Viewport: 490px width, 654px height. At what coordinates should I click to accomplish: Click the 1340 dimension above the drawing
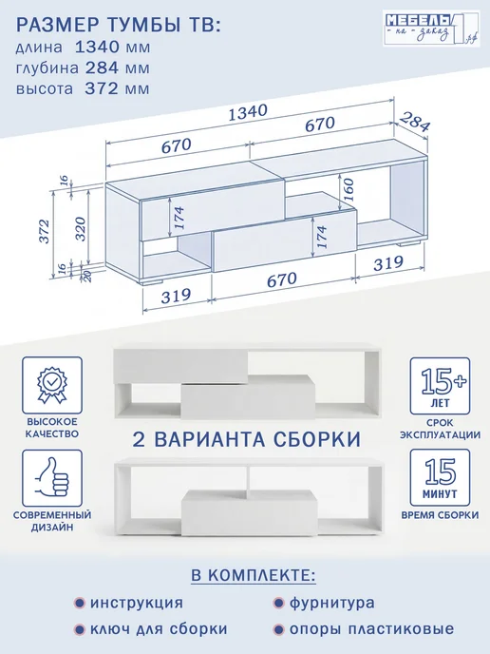[x=248, y=112]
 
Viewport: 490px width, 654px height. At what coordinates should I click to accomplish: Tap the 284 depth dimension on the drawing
[x=414, y=122]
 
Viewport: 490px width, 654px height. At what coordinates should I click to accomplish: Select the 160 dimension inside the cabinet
[x=348, y=191]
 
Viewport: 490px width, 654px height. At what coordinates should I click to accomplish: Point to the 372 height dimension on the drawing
[x=45, y=231]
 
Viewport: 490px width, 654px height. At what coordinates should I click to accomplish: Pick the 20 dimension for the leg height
[x=88, y=276]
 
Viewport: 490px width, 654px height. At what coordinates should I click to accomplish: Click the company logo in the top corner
[x=431, y=29]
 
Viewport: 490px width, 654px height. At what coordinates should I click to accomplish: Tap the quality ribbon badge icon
[x=52, y=384]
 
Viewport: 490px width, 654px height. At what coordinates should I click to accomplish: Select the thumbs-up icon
[x=52, y=477]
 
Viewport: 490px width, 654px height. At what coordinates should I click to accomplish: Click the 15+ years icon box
[x=440, y=386]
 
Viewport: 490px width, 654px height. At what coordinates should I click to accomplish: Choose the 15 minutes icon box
[x=440, y=477]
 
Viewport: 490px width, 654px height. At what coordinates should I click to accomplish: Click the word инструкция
[x=137, y=603]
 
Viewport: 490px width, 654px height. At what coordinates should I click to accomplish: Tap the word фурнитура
[x=332, y=603]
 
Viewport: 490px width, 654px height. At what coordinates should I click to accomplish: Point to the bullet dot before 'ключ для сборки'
[x=79, y=629]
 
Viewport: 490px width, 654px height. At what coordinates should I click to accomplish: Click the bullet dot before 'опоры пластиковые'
[x=278, y=629]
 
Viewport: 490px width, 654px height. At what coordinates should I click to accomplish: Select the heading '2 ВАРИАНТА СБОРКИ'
[x=247, y=439]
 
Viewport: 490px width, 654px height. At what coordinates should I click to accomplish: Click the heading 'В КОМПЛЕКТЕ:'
[x=254, y=575]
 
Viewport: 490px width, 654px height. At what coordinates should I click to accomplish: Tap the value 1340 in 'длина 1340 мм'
[x=98, y=47]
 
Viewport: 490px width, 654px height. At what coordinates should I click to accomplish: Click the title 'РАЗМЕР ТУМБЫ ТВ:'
[x=118, y=25]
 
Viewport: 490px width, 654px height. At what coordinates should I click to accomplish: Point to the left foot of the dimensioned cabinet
[x=151, y=282]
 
